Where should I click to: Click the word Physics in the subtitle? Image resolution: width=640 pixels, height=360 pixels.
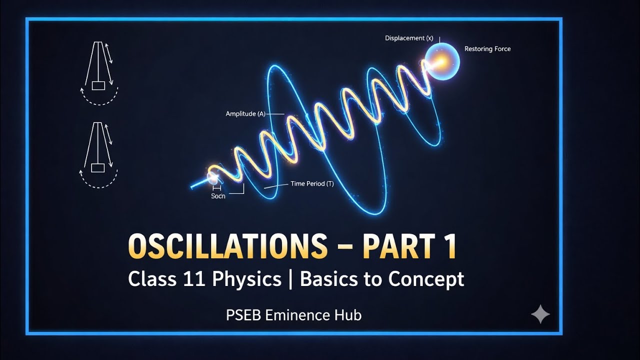coord(246,279)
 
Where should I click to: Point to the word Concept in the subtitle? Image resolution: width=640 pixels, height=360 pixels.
coord(426,279)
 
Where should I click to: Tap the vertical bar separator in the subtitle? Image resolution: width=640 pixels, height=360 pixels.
coord(290,279)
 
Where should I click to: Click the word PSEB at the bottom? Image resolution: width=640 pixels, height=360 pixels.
coord(243,315)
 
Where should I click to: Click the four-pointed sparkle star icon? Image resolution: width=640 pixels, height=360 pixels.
coord(540,314)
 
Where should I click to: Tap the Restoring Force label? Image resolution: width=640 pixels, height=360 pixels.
coord(487,49)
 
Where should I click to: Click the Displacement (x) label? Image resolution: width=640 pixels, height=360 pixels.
coord(408,38)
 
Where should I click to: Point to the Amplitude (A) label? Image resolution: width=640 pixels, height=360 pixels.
coord(245,114)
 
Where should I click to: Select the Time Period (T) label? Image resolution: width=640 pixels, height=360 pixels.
coord(312,184)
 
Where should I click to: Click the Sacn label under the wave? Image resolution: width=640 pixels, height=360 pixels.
coord(218,196)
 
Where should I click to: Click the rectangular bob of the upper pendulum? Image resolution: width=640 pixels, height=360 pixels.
coord(98,85)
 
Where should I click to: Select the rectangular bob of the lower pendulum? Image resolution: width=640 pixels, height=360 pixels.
coord(98,167)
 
